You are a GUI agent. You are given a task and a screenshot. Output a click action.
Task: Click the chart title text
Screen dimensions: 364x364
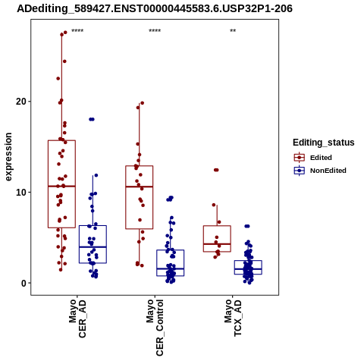155,9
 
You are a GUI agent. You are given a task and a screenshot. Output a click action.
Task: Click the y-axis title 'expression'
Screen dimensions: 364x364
8,157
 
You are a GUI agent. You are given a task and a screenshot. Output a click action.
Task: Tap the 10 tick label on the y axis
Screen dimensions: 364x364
21,193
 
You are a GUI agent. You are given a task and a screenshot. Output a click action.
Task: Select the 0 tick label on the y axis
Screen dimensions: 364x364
24,284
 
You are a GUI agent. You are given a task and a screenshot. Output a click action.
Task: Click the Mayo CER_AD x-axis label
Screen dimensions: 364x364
77,318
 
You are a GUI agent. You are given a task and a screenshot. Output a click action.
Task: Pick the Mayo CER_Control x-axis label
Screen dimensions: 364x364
155,328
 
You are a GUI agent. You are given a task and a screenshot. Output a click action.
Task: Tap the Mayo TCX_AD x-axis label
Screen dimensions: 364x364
233,318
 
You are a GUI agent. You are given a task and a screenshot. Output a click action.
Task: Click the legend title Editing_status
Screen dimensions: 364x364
324,143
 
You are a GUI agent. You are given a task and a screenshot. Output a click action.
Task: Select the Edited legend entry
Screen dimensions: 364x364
321,158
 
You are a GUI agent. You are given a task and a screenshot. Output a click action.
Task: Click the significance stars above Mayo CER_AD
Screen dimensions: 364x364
77,31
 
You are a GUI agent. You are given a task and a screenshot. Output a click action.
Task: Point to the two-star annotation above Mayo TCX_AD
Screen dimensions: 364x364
233,31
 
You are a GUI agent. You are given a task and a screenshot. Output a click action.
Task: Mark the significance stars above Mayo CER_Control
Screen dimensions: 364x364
155,31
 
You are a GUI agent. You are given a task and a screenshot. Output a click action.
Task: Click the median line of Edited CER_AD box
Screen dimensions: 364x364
61,186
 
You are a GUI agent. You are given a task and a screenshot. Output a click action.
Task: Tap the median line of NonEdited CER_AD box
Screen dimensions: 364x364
93,246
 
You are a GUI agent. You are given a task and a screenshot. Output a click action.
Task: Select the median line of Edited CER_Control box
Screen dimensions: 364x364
140,187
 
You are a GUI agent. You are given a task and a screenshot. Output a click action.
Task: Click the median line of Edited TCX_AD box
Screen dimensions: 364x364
217,244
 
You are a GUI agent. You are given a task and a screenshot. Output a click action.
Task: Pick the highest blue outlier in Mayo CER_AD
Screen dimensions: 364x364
92,119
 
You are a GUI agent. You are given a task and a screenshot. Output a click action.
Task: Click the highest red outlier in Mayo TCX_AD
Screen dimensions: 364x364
216,170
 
